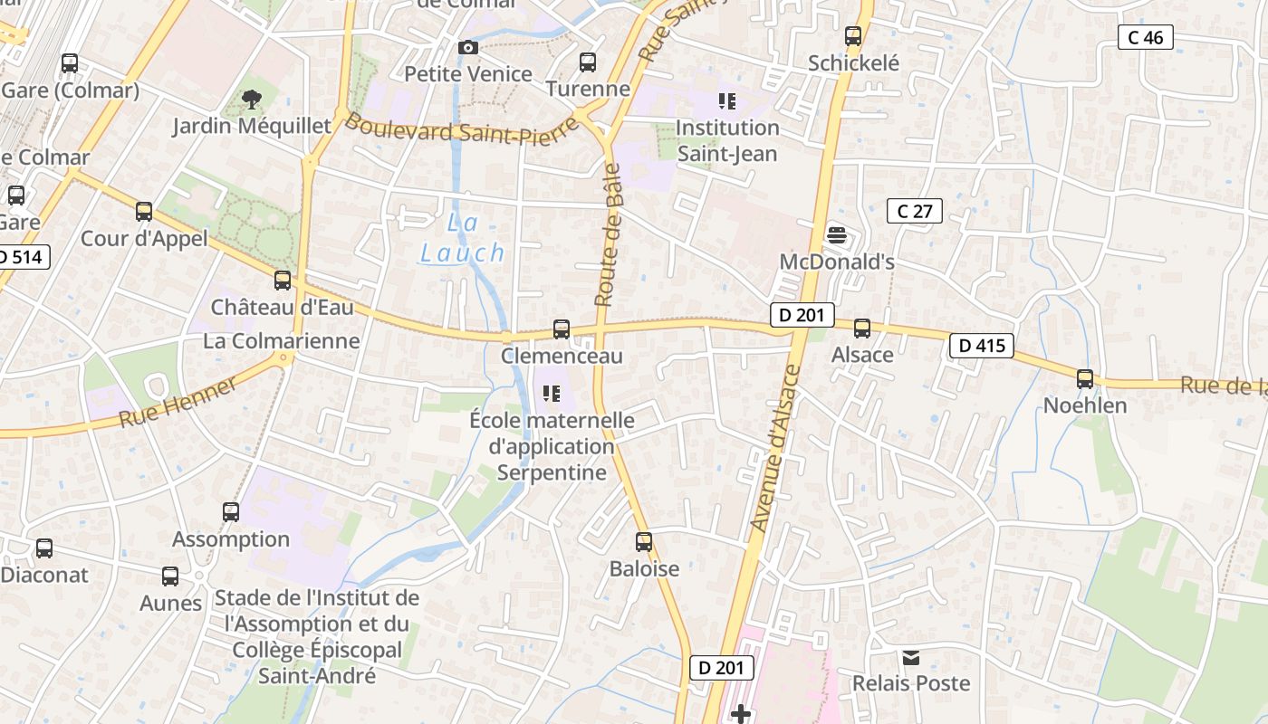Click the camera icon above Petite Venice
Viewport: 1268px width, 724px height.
tap(467, 47)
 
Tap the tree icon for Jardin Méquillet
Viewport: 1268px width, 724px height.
tap(252, 99)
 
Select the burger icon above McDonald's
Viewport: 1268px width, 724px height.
tap(837, 235)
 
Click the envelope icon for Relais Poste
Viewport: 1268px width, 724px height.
tap(910, 657)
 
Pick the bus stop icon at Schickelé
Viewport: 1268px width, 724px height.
tap(853, 36)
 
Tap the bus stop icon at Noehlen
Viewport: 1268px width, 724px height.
tap(1084, 379)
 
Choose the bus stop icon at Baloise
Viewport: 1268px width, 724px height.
tap(644, 542)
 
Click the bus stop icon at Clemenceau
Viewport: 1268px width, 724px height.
tap(562, 329)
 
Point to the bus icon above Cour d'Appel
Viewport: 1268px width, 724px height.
tap(144, 212)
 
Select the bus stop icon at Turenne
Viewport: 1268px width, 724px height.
tap(588, 62)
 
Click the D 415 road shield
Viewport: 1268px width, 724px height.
tap(981, 345)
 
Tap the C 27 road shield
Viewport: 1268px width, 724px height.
tap(914, 211)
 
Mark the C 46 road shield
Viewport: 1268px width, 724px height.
tap(1146, 37)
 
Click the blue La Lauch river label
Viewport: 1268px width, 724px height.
tap(462, 239)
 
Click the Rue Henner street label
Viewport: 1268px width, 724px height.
tap(178, 402)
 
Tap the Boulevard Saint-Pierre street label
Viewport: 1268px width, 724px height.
tap(461, 129)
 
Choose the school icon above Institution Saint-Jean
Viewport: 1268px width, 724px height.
tap(727, 100)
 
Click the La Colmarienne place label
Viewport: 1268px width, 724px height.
tap(281, 341)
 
